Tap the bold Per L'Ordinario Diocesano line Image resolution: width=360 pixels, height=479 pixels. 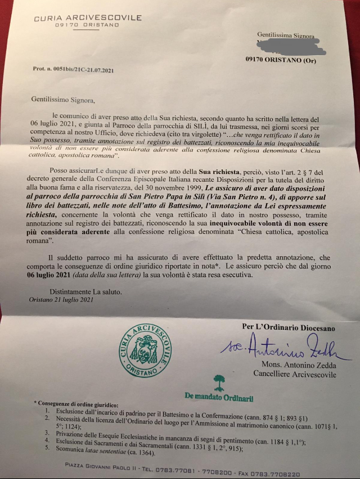coord(288,327)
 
